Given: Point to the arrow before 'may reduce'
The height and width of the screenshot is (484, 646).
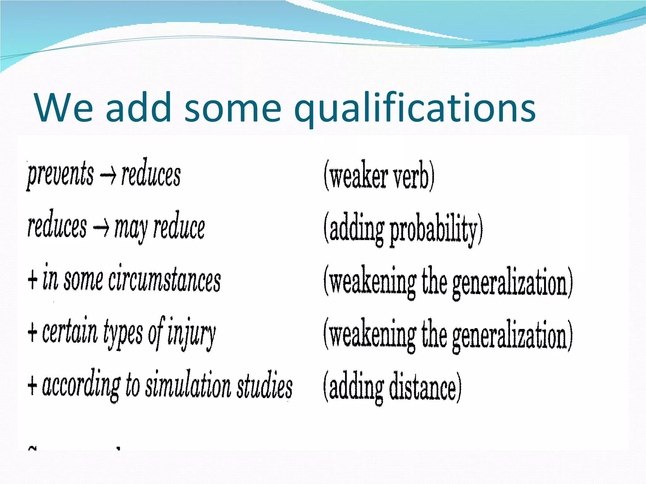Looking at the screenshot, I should [x=101, y=227].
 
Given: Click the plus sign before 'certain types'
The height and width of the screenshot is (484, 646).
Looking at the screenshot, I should [x=32, y=332].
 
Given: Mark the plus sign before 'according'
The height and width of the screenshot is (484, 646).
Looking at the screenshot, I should [x=32, y=385].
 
